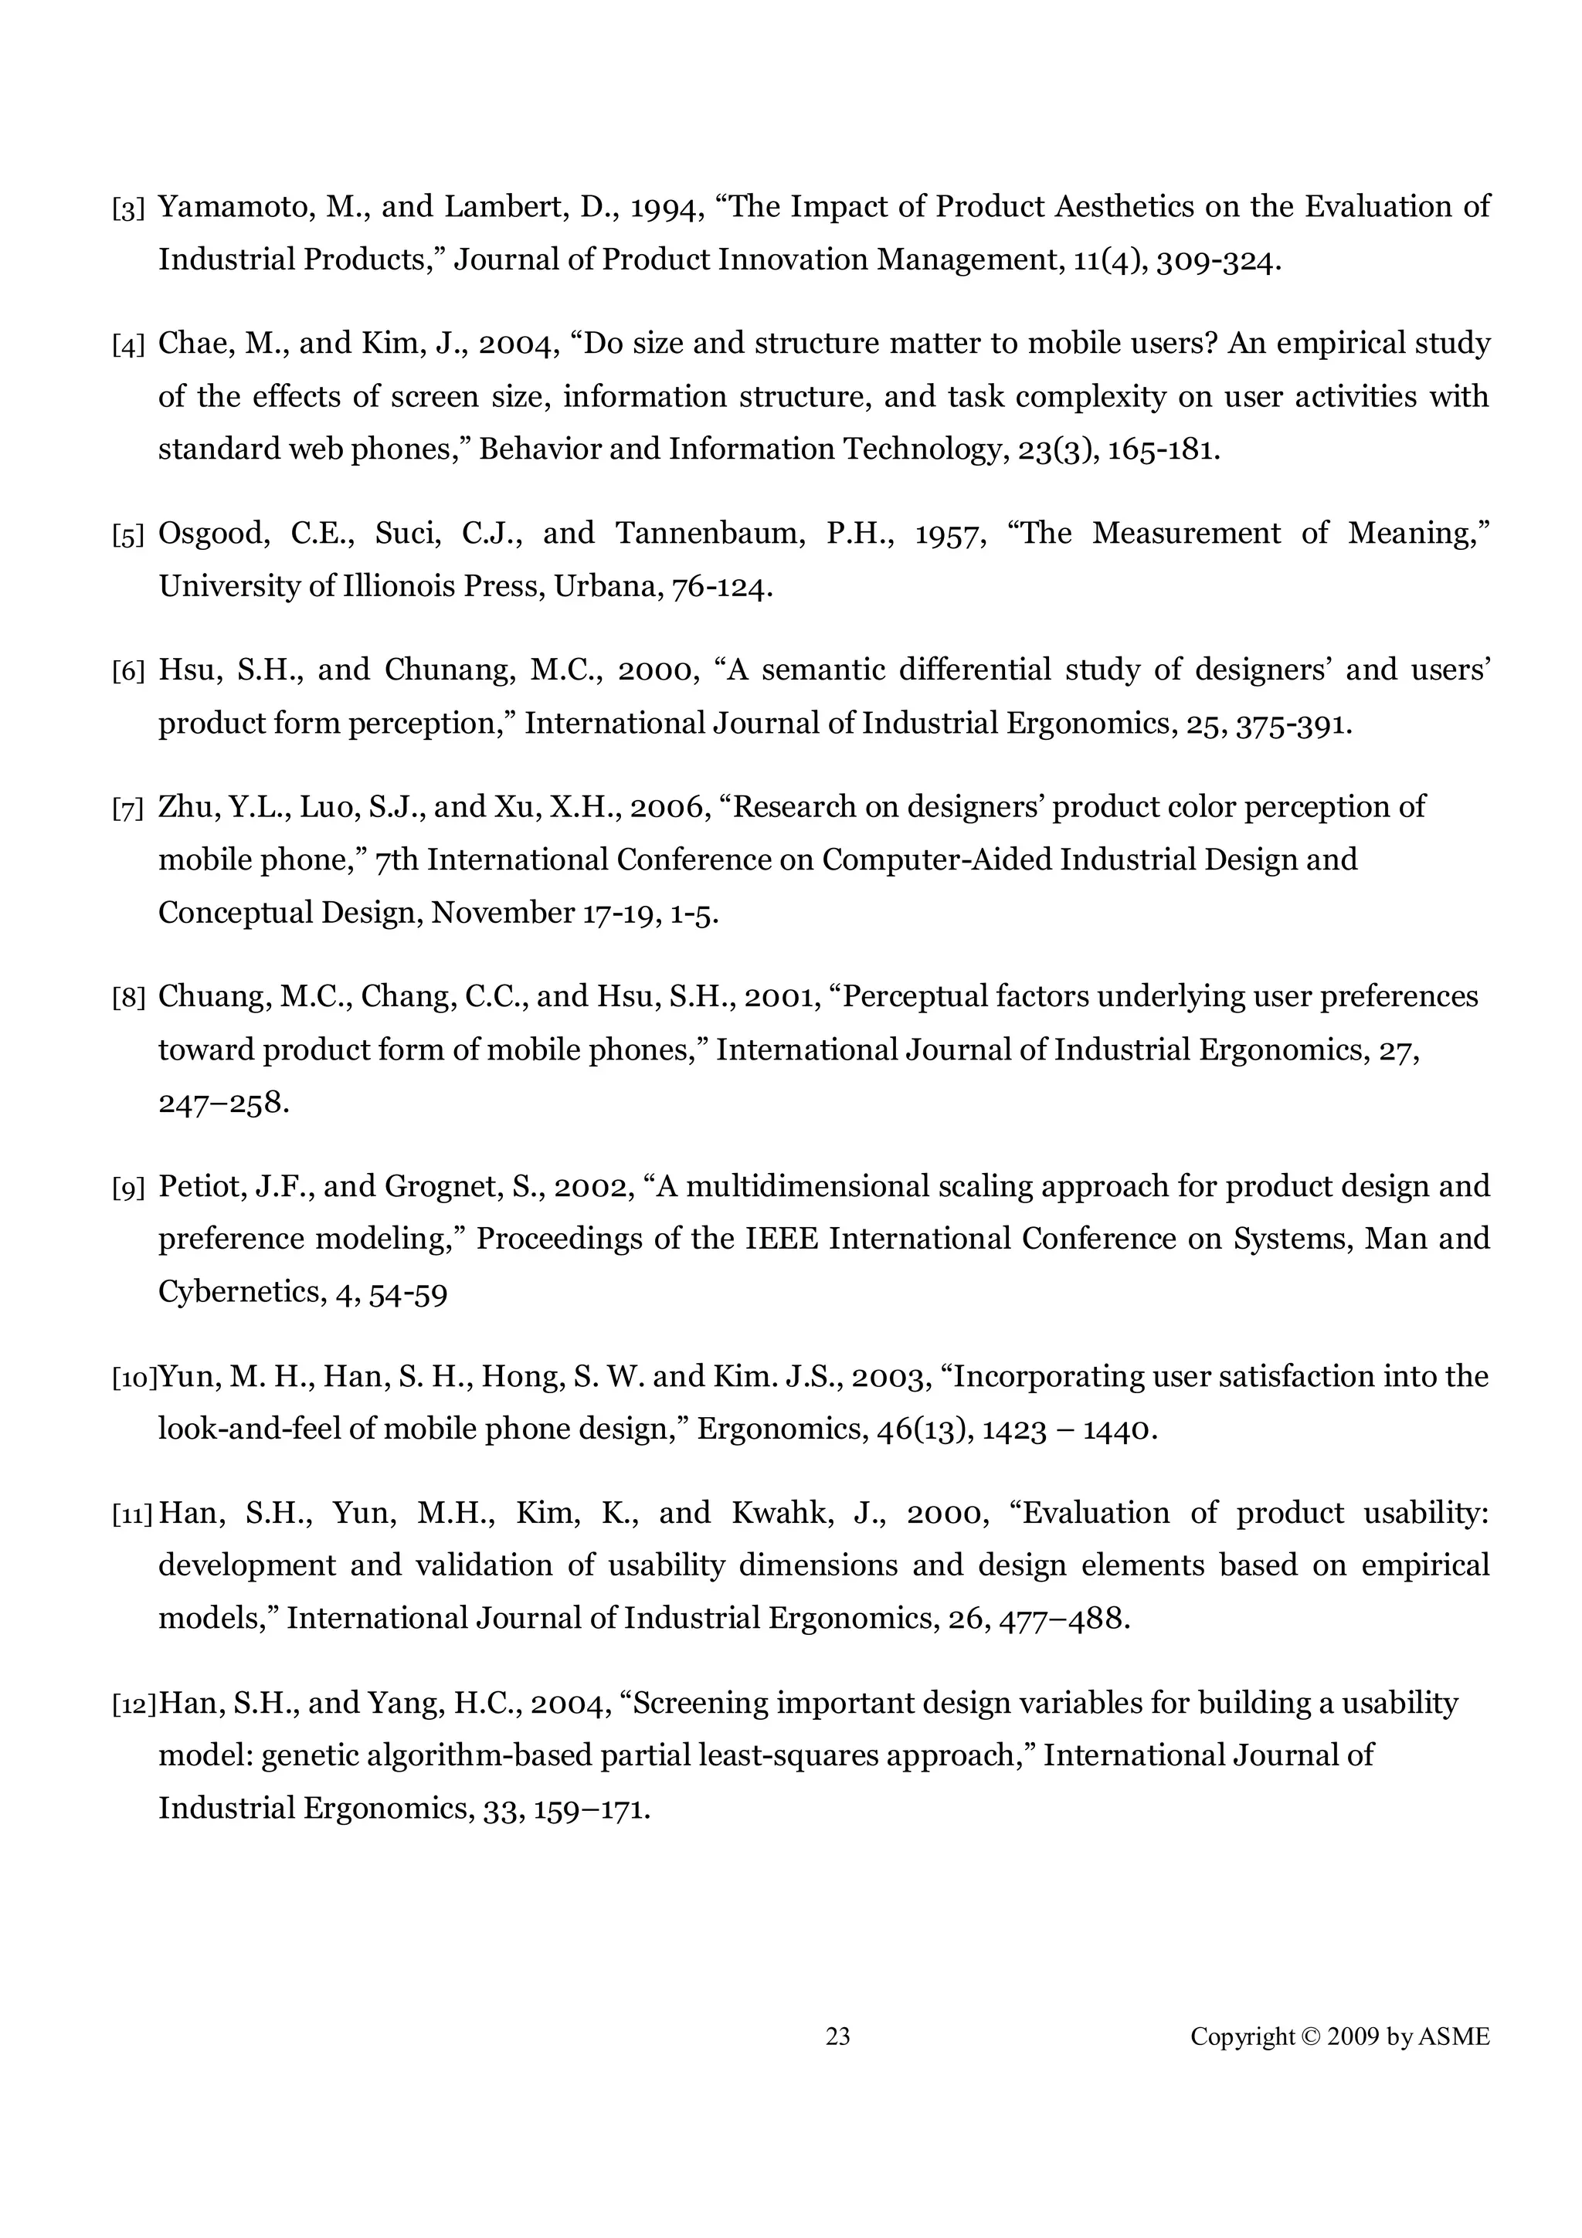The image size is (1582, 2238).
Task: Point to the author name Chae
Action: click(192, 343)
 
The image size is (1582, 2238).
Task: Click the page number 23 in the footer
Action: click(837, 2036)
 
